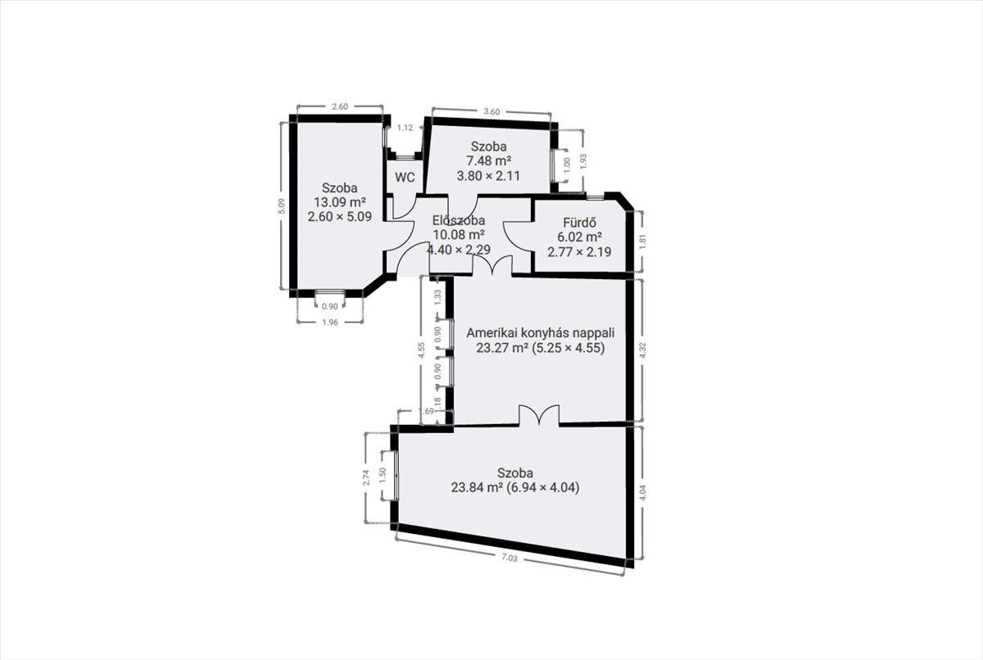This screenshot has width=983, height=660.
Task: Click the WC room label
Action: (405, 178)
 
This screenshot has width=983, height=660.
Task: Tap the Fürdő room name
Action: (579, 223)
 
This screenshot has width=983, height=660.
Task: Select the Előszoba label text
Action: (459, 220)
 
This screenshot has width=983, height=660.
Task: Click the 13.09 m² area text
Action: (340, 202)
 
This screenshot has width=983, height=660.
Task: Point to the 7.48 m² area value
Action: (488, 161)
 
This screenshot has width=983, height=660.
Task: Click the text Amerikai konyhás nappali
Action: (540, 332)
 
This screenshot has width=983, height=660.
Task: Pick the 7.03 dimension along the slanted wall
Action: (510, 558)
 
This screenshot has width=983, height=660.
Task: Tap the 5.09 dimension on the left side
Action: (282, 206)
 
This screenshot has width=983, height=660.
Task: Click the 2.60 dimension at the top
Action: (340, 106)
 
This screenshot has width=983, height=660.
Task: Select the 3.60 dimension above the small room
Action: (491, 112)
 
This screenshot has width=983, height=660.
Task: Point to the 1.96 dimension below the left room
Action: (330, 323)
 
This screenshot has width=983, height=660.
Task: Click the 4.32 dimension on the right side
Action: (643, 350)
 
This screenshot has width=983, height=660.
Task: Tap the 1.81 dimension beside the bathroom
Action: (643, 242)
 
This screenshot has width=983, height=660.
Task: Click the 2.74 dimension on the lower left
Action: (367, 477)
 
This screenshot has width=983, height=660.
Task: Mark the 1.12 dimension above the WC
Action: (405, 128)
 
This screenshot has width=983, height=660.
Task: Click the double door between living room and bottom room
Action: (539, 415)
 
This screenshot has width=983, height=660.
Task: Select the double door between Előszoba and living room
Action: (492, 265)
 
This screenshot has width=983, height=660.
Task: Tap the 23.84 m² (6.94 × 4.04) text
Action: (515, 488)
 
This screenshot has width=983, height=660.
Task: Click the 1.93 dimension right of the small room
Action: (583, 161)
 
